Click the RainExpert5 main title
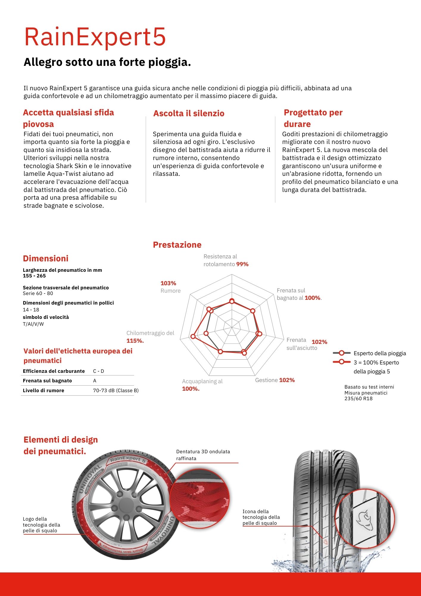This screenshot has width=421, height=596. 95,37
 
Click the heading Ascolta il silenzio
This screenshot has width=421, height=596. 189,114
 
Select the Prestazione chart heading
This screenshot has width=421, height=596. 177,245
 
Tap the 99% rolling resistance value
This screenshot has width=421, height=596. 242,264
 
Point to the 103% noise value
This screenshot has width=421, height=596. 168,283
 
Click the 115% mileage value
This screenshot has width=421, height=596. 135,341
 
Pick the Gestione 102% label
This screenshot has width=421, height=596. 275,380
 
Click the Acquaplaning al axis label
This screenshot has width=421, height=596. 202,381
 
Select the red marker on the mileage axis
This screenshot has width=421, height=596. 193,336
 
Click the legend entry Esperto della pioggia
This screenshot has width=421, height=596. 380,353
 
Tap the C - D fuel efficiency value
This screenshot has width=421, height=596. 99,371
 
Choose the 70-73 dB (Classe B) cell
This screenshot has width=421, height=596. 116,391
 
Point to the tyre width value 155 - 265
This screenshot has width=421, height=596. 34,276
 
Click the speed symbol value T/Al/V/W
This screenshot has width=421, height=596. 33,324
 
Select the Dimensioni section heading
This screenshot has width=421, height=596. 46,259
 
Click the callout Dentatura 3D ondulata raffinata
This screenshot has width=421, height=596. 203,455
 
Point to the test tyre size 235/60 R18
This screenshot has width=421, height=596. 358,399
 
